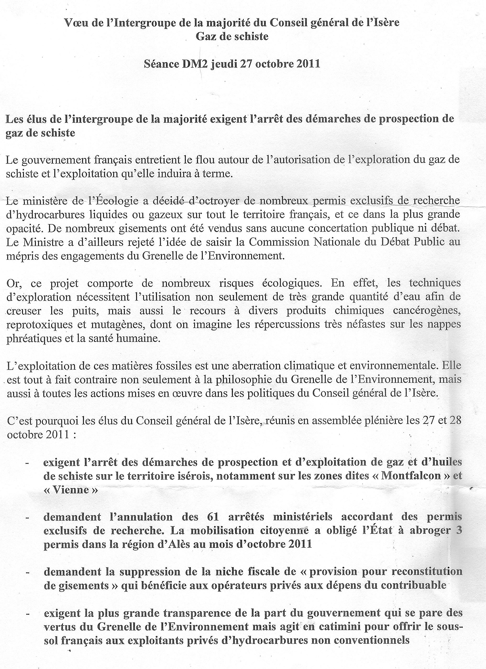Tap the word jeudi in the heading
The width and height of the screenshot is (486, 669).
pos(224,64)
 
